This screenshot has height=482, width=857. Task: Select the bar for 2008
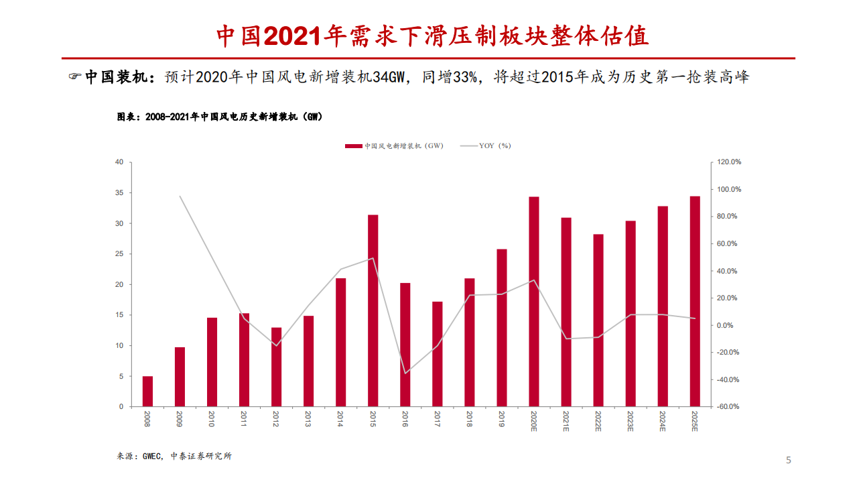click(147, 391)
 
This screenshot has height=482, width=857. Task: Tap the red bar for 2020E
click(534, 302)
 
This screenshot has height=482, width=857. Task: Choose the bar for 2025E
click(695, 301)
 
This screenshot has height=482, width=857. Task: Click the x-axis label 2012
click(276, 418)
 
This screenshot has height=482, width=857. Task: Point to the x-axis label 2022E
click(598, 420)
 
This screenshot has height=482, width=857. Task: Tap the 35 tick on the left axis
click(119, 193)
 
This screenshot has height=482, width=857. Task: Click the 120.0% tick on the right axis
click(729, 162)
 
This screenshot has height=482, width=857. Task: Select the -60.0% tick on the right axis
click(729, 407)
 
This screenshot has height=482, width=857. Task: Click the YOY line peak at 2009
click(180, 196)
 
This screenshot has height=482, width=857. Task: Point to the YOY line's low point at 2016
click(405, 373)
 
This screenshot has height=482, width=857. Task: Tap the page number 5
click(788, 460)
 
